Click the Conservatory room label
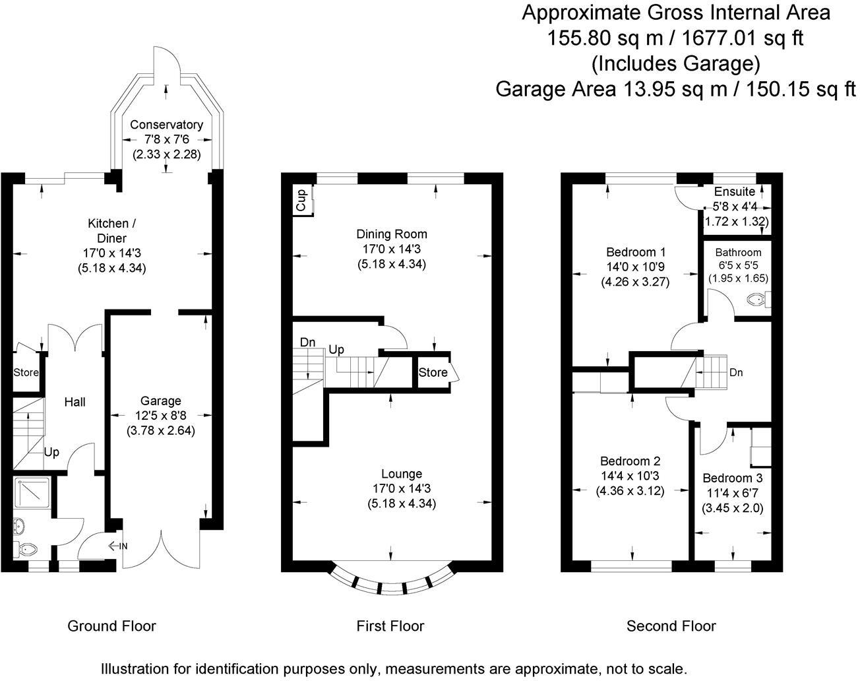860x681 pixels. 166,125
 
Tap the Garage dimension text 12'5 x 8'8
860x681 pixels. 161,416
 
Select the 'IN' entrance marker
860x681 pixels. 118,546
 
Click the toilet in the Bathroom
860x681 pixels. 758,300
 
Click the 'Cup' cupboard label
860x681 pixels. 301,200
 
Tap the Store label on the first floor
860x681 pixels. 433,373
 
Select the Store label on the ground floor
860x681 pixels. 26,373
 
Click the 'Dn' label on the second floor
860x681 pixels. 736,373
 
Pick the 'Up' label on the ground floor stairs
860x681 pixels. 51,453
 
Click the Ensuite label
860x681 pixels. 735,191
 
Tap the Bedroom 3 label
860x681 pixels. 733,478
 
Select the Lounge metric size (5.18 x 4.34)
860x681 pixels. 402,503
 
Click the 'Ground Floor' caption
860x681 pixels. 111,626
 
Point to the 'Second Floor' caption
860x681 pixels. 671,626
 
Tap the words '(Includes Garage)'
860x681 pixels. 675,64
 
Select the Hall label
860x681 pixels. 75,402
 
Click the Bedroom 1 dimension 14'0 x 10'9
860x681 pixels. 635,267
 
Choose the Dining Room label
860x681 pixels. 392,234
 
